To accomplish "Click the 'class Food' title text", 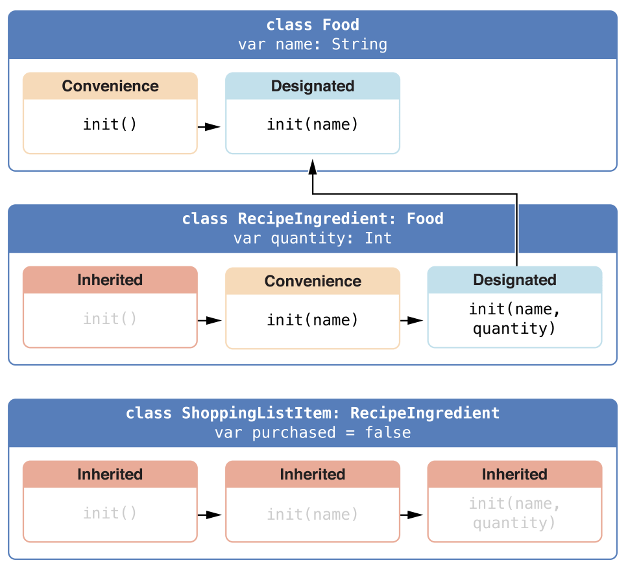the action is click(313, 25).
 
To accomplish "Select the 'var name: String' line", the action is click(313, 45).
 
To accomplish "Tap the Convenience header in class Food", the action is click(110, 86).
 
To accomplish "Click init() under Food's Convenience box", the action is click(110, 124).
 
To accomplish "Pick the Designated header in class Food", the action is click(313, 86).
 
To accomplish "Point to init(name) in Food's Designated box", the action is click(313, 124).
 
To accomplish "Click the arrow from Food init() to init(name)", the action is click(209, 127).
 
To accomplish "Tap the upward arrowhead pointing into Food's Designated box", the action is click(313, 167).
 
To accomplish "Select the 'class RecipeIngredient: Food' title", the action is click(313, 219).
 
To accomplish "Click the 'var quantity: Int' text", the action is click(313, 238).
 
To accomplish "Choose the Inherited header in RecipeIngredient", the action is click(110, 280).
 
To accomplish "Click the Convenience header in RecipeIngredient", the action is click(313, 281).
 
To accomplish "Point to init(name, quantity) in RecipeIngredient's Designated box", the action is click(514, 319).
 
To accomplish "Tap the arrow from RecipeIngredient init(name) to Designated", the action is click(412, 321).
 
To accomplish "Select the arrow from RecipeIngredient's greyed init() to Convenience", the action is click(210, 321).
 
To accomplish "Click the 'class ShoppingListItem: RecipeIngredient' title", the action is click(313, 413).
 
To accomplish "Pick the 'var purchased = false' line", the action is click(313, 432).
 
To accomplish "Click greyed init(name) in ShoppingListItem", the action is click(313, 515).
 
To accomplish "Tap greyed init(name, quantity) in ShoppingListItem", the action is click(514, 513).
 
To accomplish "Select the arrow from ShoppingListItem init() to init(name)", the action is click(210, 515).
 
